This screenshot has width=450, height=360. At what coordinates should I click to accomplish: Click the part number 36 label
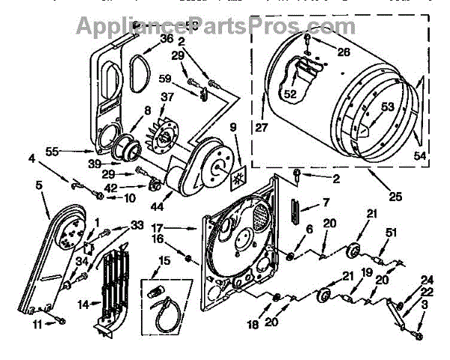click(166, 39)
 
